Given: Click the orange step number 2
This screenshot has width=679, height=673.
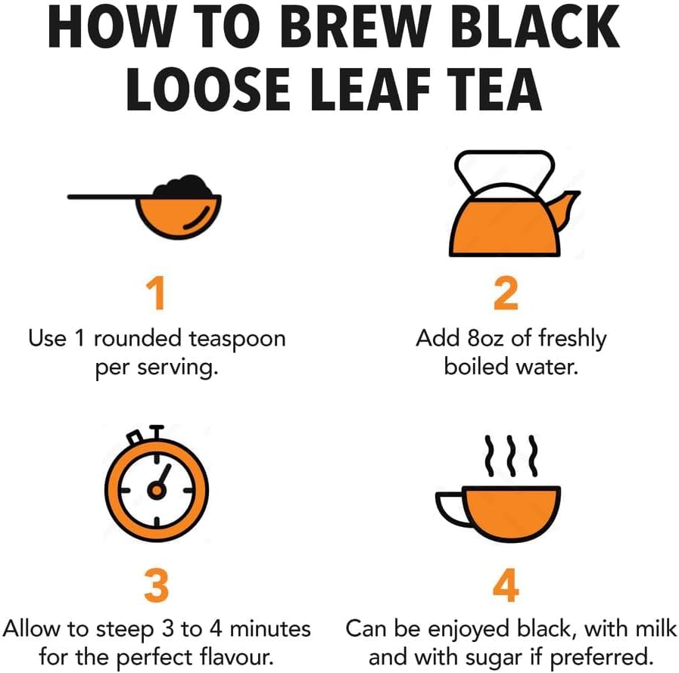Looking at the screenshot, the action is (506, 293).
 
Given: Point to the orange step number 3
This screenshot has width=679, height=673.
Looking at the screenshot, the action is (157, 585).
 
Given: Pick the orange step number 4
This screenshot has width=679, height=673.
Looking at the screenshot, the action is (506, 585).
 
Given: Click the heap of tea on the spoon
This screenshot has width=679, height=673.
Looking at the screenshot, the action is (184, 186).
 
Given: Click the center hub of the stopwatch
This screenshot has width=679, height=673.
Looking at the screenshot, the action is (157, 490).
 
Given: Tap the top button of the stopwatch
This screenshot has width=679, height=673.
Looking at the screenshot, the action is (157, 432).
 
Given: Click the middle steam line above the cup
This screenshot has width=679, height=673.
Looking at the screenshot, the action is (512, 456).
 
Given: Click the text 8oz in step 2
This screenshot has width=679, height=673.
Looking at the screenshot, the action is (485, 338).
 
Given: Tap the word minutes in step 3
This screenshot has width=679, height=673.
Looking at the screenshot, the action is (269, 628).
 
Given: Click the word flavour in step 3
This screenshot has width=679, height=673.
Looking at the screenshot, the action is (236, 656).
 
